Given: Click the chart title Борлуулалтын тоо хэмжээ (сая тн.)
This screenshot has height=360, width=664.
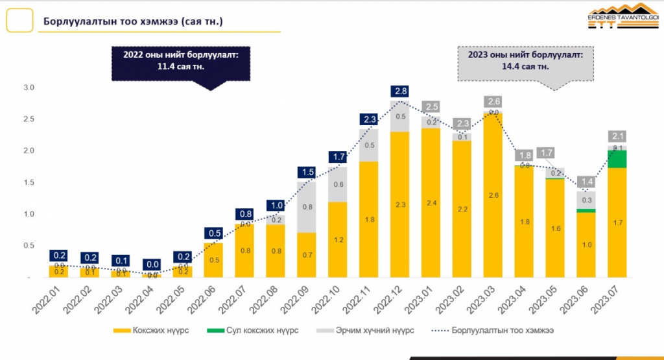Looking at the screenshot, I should pos(134,21).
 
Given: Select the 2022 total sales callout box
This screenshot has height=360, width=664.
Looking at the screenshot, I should pos(181,62).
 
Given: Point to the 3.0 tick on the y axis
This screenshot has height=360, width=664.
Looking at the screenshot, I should pos(29,88).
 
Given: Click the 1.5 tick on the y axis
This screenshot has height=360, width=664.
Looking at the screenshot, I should pos(29,183).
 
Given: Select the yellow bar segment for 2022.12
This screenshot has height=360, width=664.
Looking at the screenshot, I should pos(400,204).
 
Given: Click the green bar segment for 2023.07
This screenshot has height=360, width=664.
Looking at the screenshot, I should pos(617,159).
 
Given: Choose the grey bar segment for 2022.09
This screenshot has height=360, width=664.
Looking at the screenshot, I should pos(307,207).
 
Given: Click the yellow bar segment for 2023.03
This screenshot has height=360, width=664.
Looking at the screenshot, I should pos(492,195).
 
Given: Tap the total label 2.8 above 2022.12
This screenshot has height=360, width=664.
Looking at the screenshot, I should pos(399,91).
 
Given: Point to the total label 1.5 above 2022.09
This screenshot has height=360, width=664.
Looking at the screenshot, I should pos(307,172).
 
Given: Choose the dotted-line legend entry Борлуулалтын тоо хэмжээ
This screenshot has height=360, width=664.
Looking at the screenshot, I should pos(492,331).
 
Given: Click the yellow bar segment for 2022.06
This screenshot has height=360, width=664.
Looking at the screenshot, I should pos(214,260).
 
